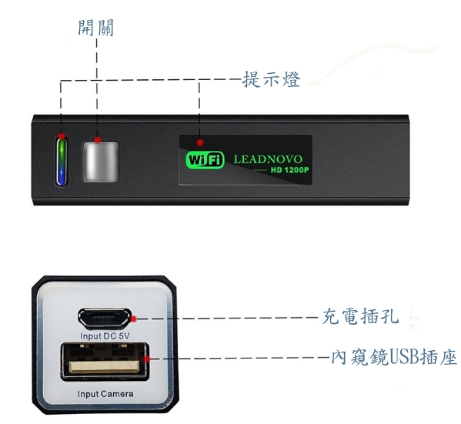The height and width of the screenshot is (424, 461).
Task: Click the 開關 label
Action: [x=96, y=28]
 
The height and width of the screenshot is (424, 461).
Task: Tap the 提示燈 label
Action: [x=271, y=79]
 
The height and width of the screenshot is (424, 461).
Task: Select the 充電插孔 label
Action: [x=360, y=316]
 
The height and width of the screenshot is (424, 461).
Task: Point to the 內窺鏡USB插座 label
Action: [x=394, y=357]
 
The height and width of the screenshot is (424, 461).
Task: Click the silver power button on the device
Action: [x=101, y=162]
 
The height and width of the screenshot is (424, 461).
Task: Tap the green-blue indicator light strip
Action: [x=61, y=162]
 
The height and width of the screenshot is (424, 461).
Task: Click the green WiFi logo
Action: [x=205, y=160]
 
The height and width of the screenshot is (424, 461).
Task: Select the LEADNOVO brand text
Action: [x=268, y=159]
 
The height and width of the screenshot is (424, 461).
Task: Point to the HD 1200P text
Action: [x=289, y=170]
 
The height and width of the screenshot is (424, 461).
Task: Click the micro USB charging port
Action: [x=105, y=319]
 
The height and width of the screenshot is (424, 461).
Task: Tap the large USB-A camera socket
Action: [x=105, y=362]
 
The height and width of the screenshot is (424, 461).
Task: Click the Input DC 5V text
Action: [x=105, y=336]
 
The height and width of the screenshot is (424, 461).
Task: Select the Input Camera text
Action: [x=105, y=394]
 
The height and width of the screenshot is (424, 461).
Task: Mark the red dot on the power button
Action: [x=98, y=140]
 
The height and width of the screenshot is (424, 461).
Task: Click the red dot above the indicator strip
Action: [x=62, y=136]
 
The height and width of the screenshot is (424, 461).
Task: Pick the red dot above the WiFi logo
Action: [x=200, y=142]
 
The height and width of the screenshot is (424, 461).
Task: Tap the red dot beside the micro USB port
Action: [x=133, y=319]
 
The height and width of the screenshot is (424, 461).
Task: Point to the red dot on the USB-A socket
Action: [x=147, y=359]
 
